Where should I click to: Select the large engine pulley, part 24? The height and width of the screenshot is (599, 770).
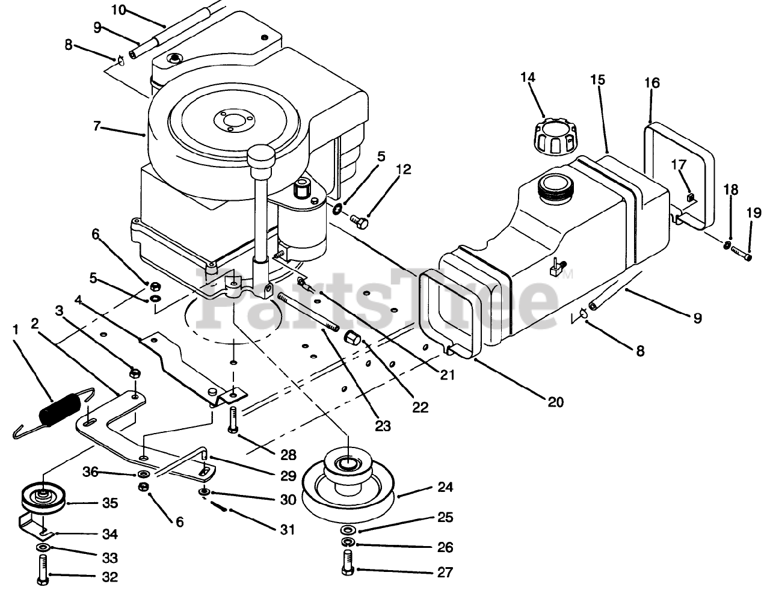coord(347,485)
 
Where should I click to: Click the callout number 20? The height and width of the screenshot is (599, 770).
coord(555,402)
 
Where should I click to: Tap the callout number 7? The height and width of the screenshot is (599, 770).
coord(97,126)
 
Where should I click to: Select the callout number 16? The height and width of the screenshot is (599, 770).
coord(652,82)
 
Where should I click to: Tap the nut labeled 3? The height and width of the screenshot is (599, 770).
coord(135,373)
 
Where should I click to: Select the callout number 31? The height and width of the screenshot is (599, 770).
coord(288,530)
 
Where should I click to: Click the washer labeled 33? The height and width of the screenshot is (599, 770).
coord(43,548)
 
